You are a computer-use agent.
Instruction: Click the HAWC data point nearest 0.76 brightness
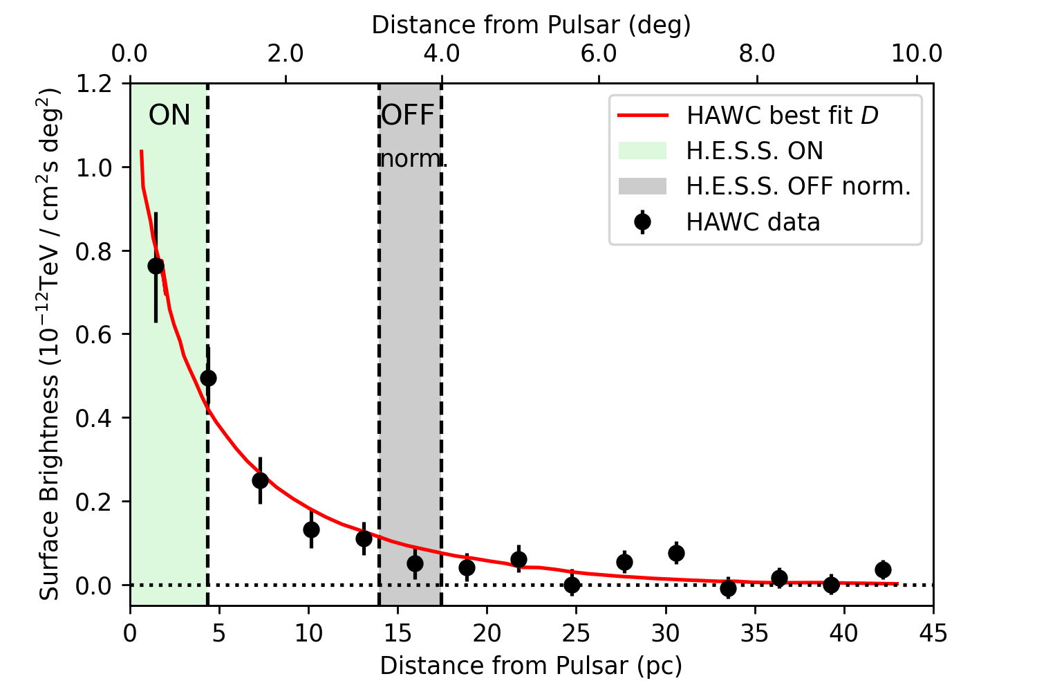156,266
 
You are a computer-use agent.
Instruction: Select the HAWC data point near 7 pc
260,480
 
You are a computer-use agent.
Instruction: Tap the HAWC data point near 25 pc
572,585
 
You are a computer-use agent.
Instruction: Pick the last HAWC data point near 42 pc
883,570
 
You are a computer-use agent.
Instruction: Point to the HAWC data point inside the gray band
415,564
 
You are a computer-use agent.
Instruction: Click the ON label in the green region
169,116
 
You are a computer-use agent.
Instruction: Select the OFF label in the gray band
408,116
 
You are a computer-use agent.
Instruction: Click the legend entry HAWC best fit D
782,116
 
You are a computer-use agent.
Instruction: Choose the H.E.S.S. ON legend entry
754,151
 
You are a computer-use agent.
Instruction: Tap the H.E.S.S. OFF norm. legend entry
798,186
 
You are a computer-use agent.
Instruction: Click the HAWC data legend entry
753,222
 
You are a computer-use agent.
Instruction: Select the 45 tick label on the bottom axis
933,632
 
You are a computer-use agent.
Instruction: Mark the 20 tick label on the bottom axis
487,632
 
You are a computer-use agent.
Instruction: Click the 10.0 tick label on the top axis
916,53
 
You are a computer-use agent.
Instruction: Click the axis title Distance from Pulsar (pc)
531,666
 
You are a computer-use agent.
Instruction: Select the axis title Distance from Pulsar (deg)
531,25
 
